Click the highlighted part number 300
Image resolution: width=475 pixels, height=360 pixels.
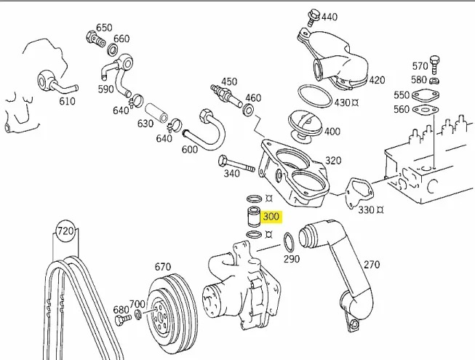pos(271,217)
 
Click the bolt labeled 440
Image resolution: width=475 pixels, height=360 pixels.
pos(313,15)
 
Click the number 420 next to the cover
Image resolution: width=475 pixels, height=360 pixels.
pos(377,80)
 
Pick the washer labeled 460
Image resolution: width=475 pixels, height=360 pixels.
pos(248,110)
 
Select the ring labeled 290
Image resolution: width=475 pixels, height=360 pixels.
pos(288,239)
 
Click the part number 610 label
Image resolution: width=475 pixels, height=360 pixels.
pos(67,101)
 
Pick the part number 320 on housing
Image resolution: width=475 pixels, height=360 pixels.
pos(332,160)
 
